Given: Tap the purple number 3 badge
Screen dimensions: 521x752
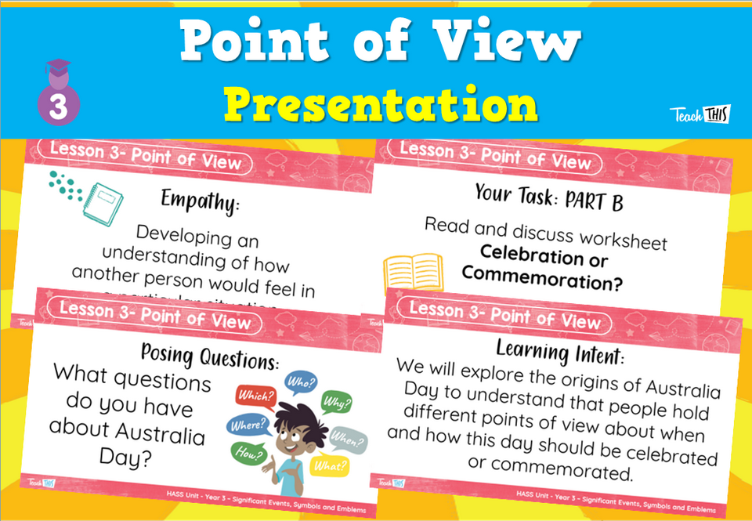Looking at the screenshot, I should click(59, 105).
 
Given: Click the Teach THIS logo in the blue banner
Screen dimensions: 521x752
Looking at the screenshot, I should click(699, 114).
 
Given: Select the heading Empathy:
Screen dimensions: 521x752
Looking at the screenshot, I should click(200, 201).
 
